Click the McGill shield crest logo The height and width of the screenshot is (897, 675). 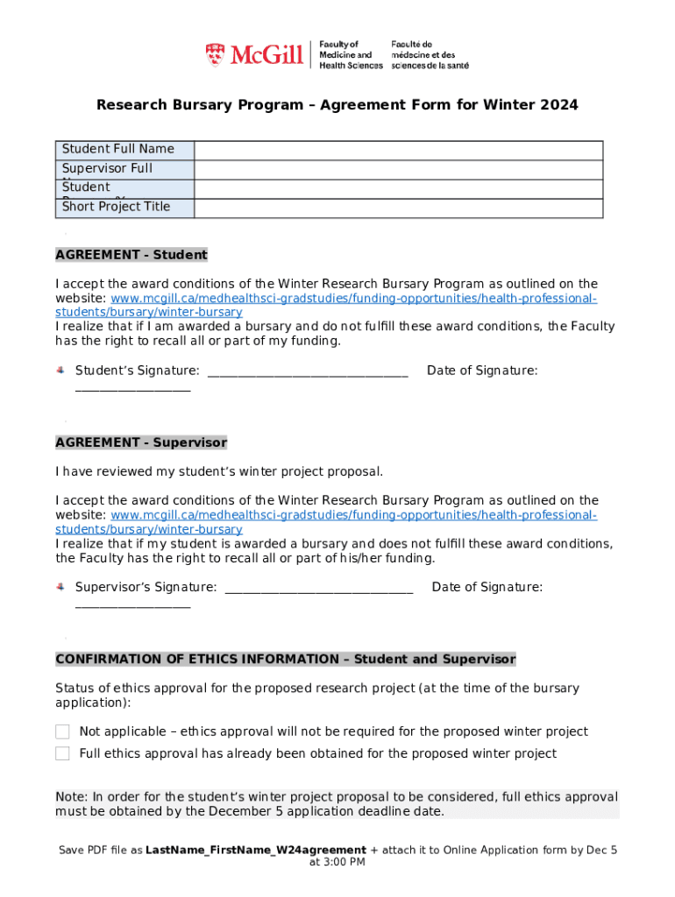(x=215, y=55)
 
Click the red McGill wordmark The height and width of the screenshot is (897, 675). (x=266, y=56)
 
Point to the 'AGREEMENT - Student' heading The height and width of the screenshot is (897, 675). (x=131, y=255)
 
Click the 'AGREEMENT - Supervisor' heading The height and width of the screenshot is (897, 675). (x=141, y=442)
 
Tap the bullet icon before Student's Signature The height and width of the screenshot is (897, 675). (x=60, y=371)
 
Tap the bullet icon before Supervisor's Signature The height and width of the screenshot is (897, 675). (x=60, y=587)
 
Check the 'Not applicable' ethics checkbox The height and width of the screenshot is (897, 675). (x=62, y=731)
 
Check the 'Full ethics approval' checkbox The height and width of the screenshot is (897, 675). (x=62, y=753)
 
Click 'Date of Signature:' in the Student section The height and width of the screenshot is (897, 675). (x=482, y=371)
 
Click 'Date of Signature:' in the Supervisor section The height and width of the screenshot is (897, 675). (x=487, y=587)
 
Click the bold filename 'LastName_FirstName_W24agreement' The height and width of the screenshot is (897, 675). (x=256, y=850)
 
